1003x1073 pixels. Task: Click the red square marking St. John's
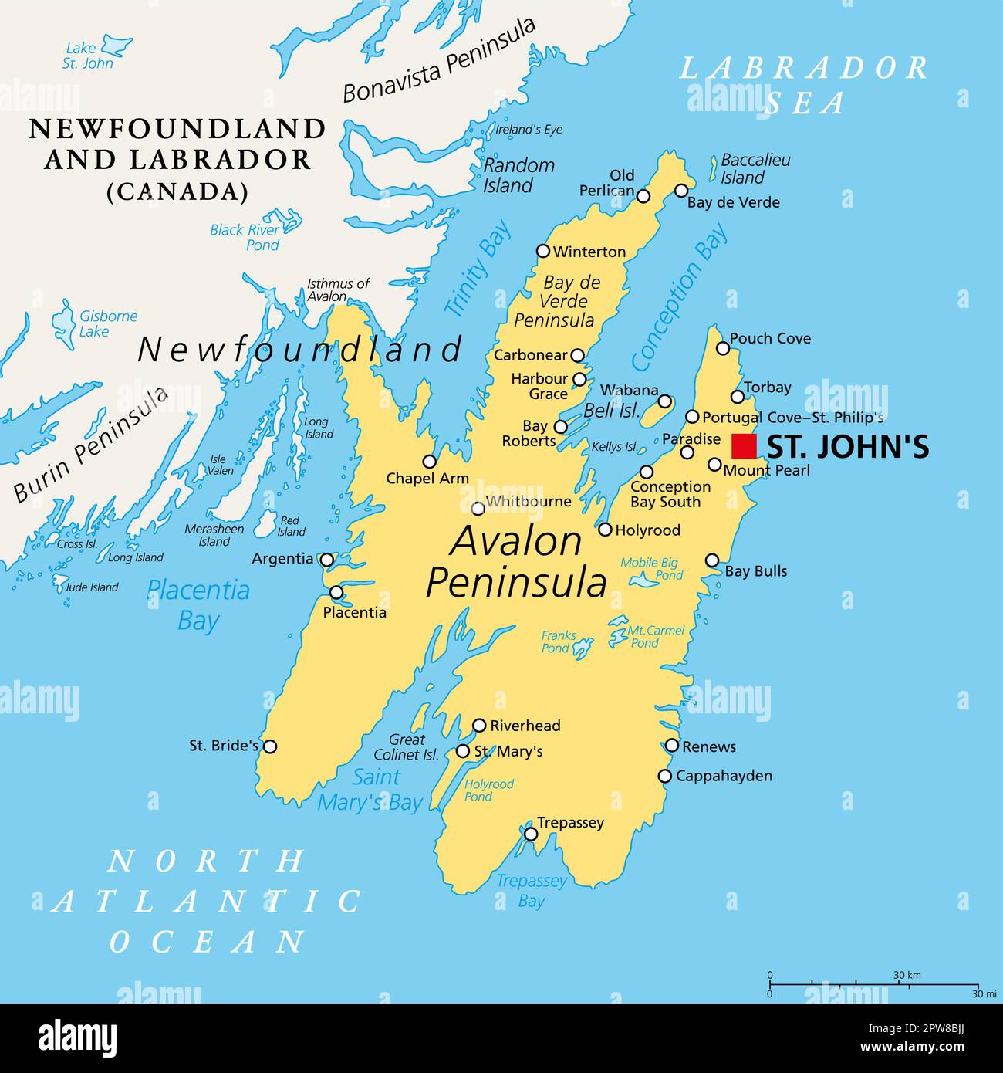click(x=744, y=447)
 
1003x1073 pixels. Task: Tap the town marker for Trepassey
click(x=531, y=834)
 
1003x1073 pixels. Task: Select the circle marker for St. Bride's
click(x=270, y=746)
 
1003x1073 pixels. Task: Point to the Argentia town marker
click(x=327, y=560)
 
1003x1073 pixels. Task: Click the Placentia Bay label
click(x=198, y=605)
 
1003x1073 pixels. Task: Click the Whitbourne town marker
click(x=478, y=508)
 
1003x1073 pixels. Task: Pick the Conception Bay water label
click(x=679, y=296)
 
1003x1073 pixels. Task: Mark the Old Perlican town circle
click(x=643, y=196)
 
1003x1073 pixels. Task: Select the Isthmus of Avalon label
click(x=338, y=290)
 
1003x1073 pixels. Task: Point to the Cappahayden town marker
click(x=664, y=777)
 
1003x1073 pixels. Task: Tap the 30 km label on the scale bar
click(x=907, y=975)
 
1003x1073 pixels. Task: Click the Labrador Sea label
click(x=804, y=85)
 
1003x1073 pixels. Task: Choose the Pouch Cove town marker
click(x=723, y=348)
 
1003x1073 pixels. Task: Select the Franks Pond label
click(x=559, y=641)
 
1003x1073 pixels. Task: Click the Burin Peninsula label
click(x=91, y=445)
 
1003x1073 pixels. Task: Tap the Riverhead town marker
click(x=479, y=726)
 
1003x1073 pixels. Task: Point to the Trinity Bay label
click(x=478, y=269)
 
